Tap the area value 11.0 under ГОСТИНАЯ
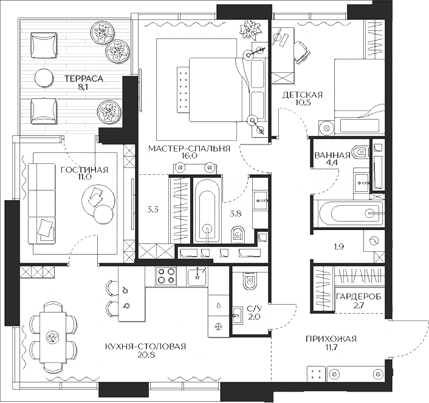[x=84, y=177]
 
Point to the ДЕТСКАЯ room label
[x=302, y=95]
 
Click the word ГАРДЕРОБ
[x=357, y=296]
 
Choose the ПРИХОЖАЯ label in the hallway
[x=332, y=339]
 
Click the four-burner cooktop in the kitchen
[x=166, y=276]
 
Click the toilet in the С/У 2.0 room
[x=249, y=282]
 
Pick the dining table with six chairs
[x=53, y=336]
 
